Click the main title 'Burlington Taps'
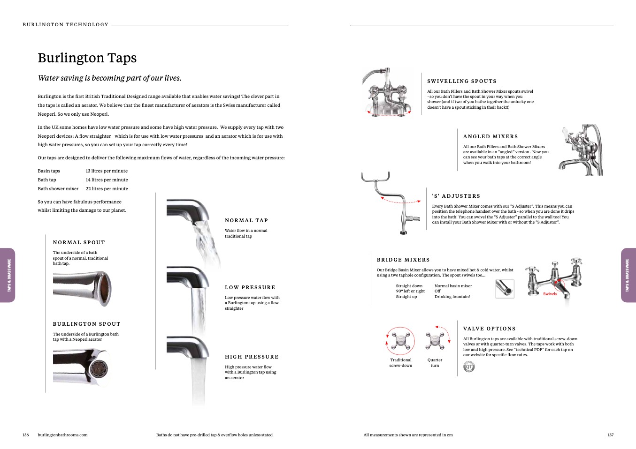coord(87,58)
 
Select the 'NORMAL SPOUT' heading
coord(79,243)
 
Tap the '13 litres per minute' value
coord(107,171)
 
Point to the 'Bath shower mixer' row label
coord(58,189)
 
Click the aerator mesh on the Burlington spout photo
coord(98,368)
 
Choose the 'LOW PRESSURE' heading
coord(250,288)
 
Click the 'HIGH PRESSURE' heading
coord(252,357)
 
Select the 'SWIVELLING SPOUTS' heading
coord(461,82)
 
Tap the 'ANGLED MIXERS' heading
coord(490,137)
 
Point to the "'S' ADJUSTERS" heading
coord(456,196)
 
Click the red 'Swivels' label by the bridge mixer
coord(550,294)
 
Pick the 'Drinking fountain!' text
coord(452,297)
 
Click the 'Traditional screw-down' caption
coord(400,363)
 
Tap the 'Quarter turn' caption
coord(435,363)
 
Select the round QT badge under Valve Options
coord(469,367)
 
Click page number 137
coord(610,435)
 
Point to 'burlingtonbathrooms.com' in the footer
coord(62,435)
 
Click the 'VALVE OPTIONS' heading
coord(489,329)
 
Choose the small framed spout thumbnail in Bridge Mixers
coord(505,289)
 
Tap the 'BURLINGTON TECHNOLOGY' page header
coord(65,25)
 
